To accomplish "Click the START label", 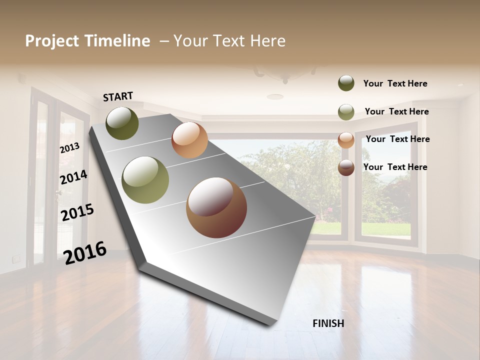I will click(x=118, y=96).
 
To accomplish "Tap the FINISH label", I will click(x=328, y=323).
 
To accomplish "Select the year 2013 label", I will click(x=69, y=148).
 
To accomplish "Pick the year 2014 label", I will click(x=73, y=177).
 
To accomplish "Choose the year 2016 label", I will click(x=85, y=252).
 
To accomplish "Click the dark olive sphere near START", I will click(x=122, y=123).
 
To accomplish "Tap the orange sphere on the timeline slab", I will click(x=189, y=140).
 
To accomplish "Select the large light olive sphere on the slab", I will click(x=145, y=180).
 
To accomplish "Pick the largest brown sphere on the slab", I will click(x=216, y=207).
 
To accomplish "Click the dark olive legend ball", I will click(x=346, y=83).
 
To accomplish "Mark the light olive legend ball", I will click(x=346, y=112).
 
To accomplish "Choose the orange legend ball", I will click(x=346, y=140).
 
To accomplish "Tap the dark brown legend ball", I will click(x=346, y=167).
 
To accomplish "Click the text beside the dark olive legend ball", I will click(x=395, y=84).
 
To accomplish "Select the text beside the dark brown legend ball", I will click(x=395, y=167).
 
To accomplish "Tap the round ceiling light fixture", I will click(x=274, y=96).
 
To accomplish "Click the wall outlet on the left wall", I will click(x=17, y=258).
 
